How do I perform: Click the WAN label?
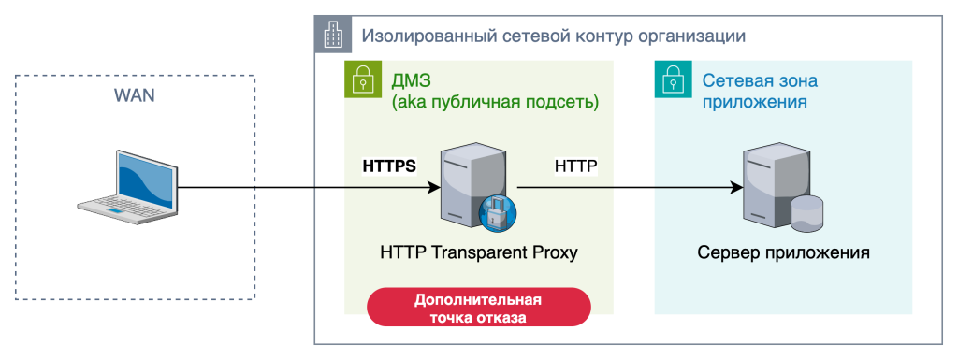[134, 95]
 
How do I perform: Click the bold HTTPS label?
[388, 166]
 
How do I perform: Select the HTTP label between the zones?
[576, 166]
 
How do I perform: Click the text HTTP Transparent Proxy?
[479, 252]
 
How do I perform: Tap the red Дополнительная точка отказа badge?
[478, 309]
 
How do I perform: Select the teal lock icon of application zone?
[671, 79]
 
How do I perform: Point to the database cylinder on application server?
[806, 214]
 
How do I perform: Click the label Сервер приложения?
[784, 252]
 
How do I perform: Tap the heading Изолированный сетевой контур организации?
[553, 36]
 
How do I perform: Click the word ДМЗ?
[413, 79]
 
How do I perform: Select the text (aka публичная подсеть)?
[495, 101]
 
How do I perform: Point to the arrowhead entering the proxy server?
[433, 187]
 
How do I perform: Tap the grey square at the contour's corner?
[331, 35]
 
